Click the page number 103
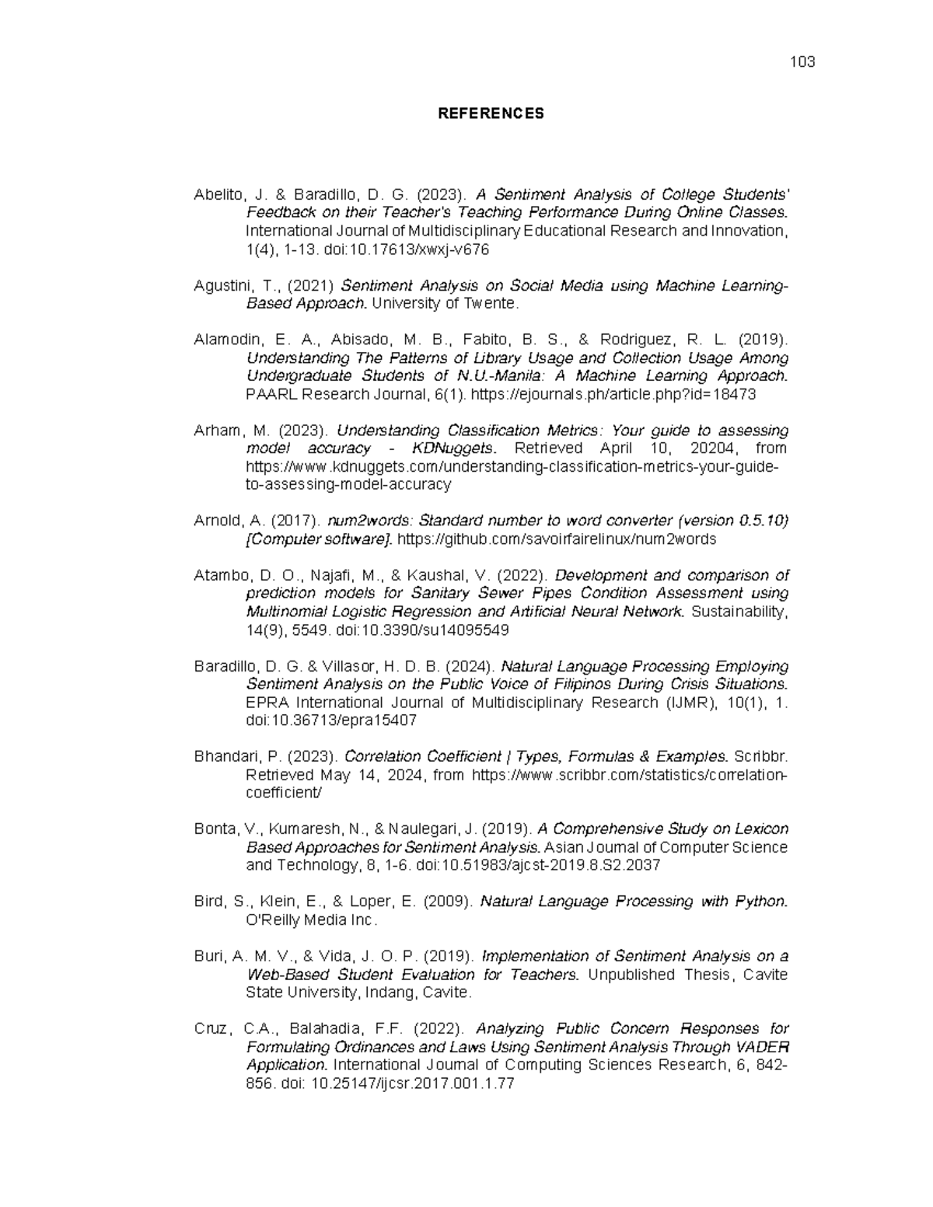tap(802, 62)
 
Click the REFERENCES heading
tap(491, 113)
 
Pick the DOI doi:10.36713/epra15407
tap(331, 720)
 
